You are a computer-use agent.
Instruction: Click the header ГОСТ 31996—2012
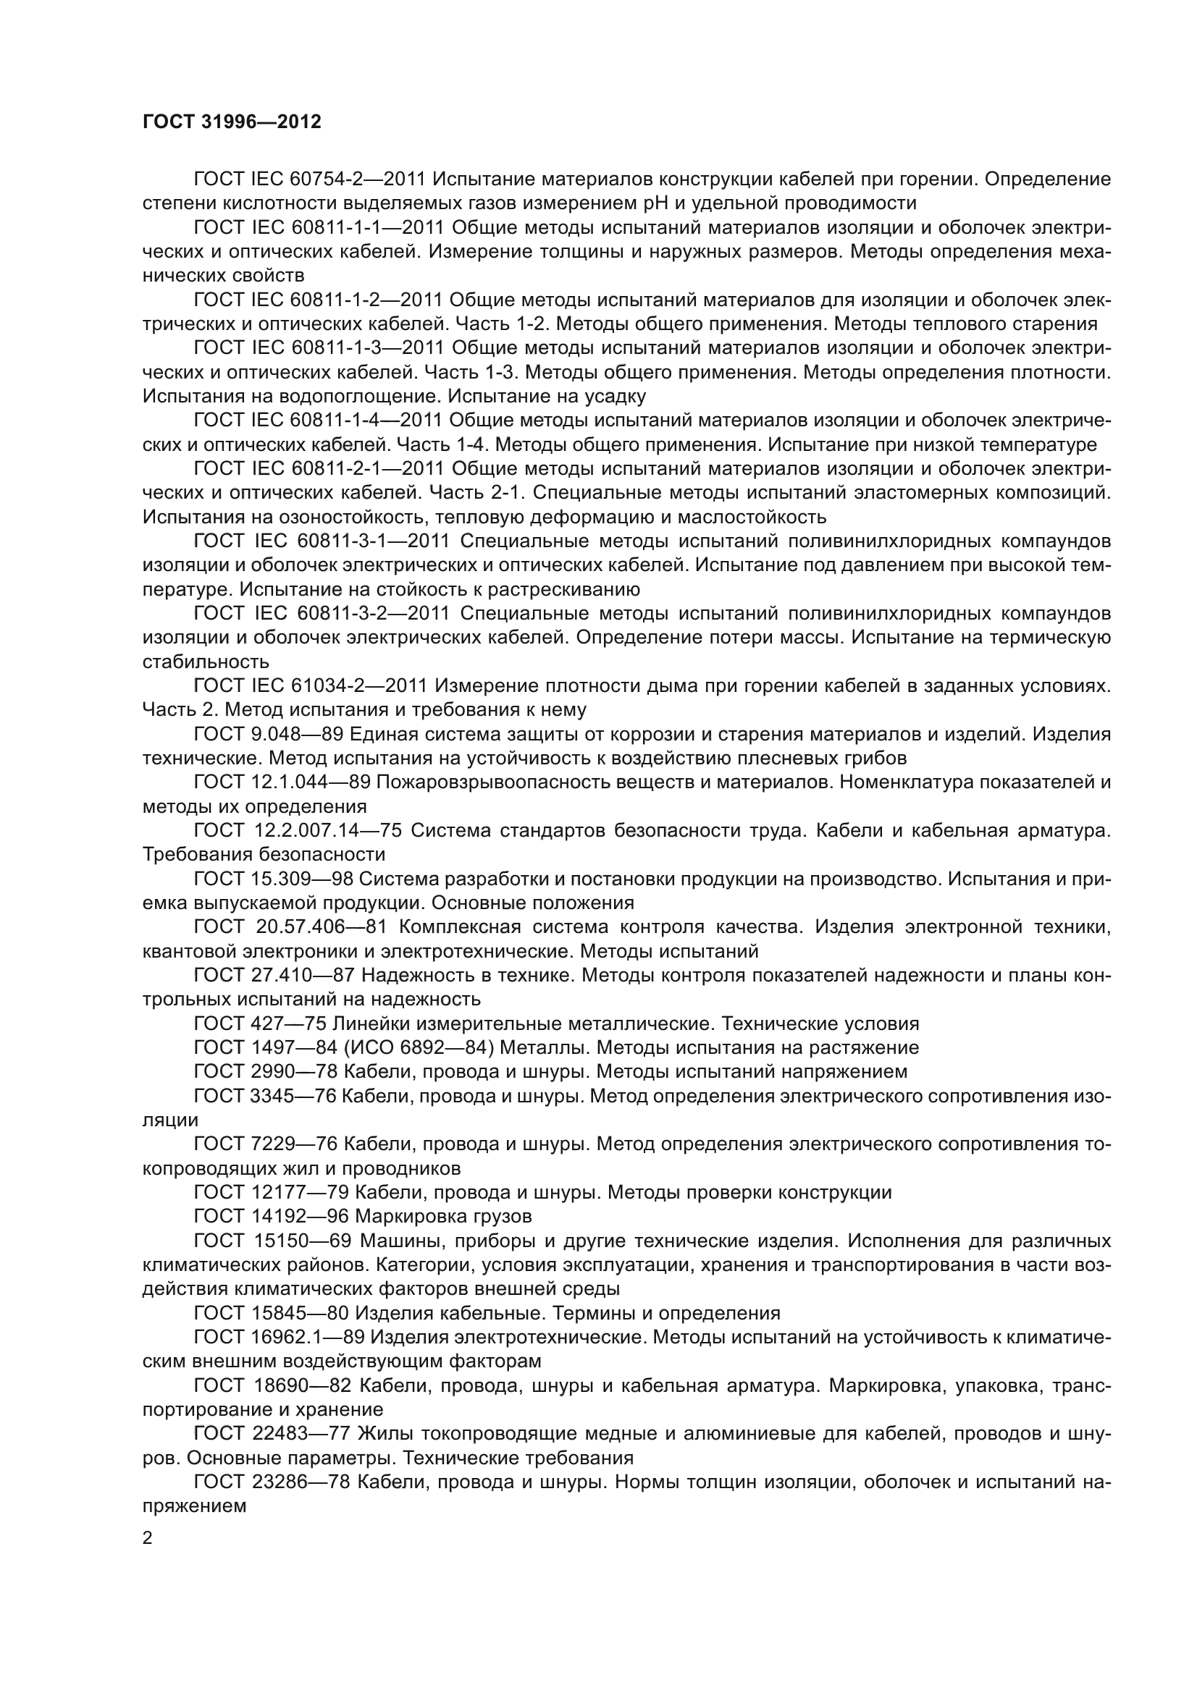232,122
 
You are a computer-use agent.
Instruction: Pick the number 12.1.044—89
310,782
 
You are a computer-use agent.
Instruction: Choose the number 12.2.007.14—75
327,830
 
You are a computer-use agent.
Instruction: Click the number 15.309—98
303,879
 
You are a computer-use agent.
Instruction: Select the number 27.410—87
303,975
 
